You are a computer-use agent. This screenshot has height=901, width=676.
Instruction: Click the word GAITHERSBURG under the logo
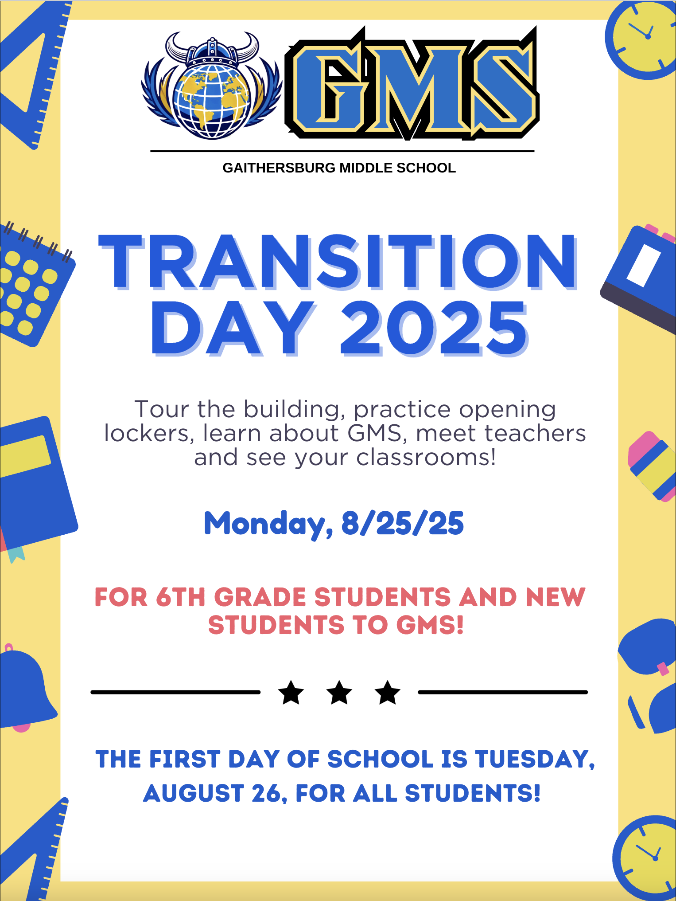tap(279, 168)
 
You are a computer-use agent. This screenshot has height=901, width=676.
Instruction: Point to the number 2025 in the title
tap(434, 329)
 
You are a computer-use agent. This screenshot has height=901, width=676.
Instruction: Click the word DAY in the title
tap(233, 329)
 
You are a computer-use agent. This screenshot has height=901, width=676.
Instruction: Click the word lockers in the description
tap(149, 433)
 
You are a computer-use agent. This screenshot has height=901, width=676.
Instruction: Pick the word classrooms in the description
tap(426, 457)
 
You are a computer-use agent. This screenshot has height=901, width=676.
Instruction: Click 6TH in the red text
tap(181, 597)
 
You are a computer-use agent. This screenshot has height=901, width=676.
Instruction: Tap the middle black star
tap(339, 692)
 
